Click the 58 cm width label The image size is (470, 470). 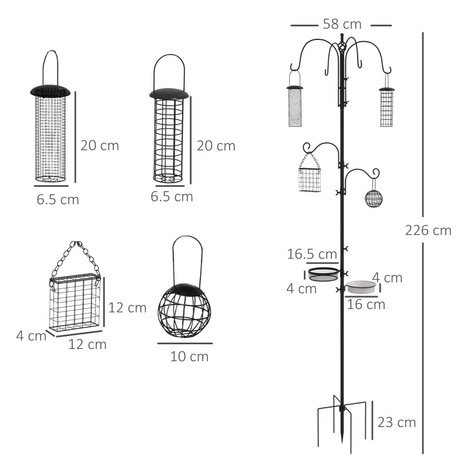pos(341,24)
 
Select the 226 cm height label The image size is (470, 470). pos(428,230)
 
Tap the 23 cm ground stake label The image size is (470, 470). pos(397,422)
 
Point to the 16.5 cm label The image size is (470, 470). pos(312,254)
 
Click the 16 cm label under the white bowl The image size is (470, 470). pos(365,304)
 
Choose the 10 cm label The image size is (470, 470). pos(189,356)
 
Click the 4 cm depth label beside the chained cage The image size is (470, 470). pos(31,336)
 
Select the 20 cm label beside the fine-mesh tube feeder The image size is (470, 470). pos(99,146)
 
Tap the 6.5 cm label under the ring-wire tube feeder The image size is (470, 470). pos(172,196)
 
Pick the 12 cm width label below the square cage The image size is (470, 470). pos(88,344)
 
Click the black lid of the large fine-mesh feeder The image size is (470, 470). pos(50,91)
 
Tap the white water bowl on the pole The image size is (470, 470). pos(361,287)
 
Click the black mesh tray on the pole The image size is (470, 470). pos(324,273)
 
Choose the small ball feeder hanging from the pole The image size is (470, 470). pos(374,198)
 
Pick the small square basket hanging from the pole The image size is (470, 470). pos(310,180)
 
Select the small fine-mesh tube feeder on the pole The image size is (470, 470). pos(295,106)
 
